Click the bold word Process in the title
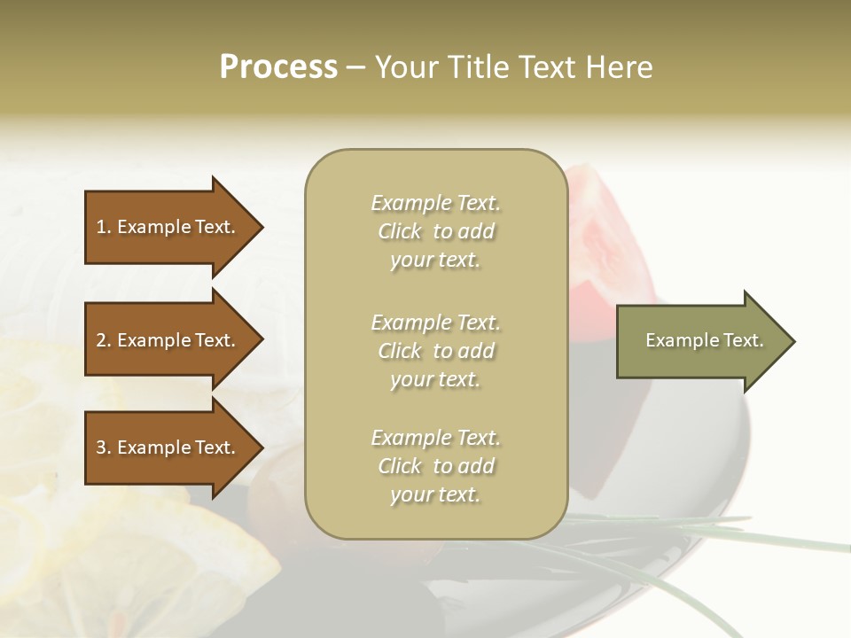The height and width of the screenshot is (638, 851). click(x=278, y=67)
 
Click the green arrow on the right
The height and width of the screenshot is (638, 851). click(x=700, y=341)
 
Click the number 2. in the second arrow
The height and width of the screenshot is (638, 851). click(x=104, y=340)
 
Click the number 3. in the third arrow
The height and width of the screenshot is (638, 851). click(x=104, y=447)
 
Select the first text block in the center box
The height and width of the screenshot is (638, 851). click(x=435, y=231)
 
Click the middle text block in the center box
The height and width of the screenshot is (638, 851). click(x=435, y=351)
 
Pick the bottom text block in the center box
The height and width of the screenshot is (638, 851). click(x=435, y=466)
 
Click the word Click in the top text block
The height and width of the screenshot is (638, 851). click(x=400, y=231)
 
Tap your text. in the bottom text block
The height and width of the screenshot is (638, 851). click(x=435, y=494)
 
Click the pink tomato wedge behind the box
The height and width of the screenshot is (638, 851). click(x=603, y=239)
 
